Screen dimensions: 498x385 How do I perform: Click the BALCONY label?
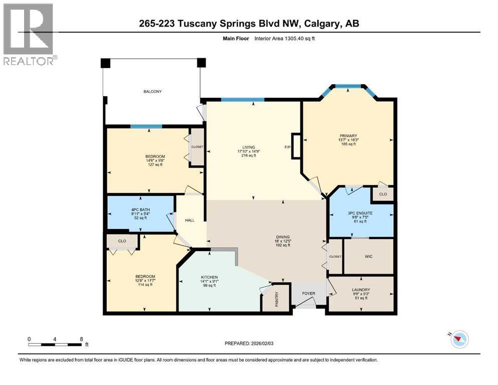[x=152, y=91]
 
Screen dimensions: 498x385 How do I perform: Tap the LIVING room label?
[x=248, y=147]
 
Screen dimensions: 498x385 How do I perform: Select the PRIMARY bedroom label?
[x=349, y=136]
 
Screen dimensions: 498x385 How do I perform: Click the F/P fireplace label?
[x=287, y=147]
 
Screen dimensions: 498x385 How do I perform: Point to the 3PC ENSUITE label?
[x=360, y=213]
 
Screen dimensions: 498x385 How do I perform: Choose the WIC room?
[x=369, y=257]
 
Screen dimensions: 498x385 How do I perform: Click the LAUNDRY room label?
[x=361, y=290]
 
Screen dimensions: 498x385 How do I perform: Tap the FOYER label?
[x=308, y=294]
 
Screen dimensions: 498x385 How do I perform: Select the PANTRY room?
[x=276, y=298]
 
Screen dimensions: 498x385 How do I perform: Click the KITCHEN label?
[x=209, y=277]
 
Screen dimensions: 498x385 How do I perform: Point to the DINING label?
[x=283, y=237]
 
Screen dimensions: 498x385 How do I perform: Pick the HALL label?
[x=190, y=220]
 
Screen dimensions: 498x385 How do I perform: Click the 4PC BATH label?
[x=140, y=210]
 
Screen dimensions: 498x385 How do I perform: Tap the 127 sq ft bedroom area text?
[x=155, y=165]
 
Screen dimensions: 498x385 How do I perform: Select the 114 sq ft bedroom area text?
[x=145, y=285]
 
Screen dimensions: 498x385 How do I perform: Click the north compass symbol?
[x=459, y=339]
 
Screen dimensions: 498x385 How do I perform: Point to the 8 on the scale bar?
[x=81, y=339]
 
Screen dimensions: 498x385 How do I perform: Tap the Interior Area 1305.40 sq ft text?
[x=284, y=39]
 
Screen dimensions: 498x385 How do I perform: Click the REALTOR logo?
[x=29, y=34]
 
